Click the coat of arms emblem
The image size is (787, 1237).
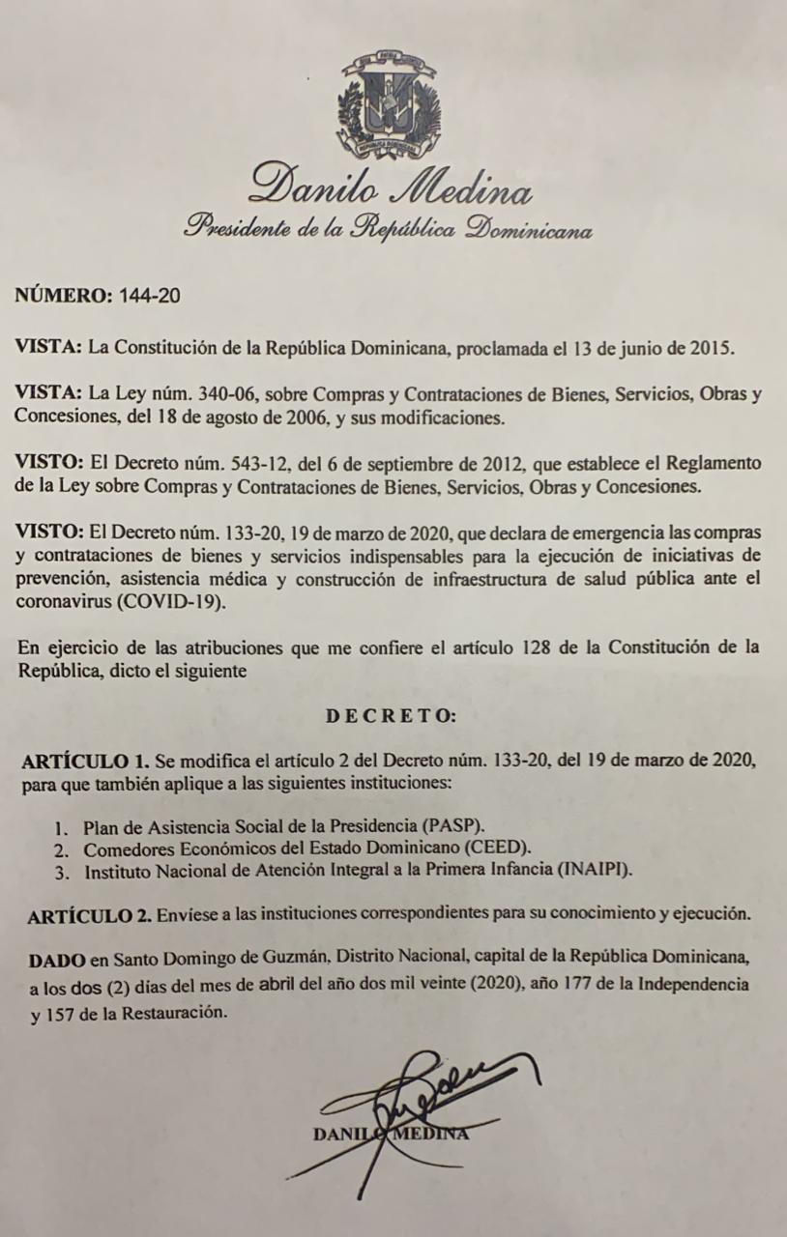[386, 105]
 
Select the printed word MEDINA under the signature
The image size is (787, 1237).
[433, 1134]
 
